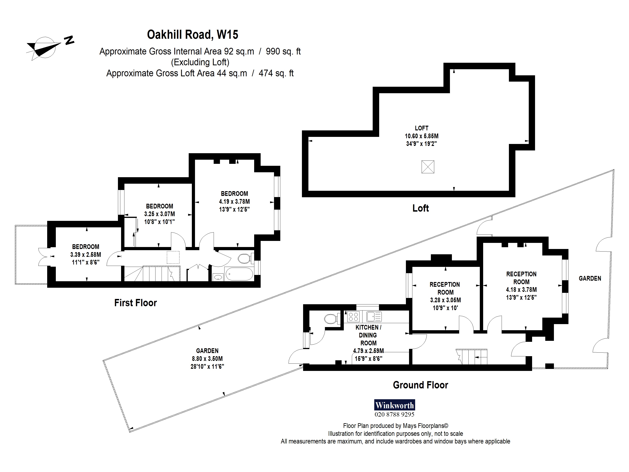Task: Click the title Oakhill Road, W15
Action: click(192, 35)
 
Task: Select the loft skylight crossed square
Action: click(428, 167)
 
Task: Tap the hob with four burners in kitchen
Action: click(353, 317)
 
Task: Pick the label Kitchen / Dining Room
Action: click(368, 335)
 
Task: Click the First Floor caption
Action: click(135, 303)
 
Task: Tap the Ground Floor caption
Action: click(420, 385)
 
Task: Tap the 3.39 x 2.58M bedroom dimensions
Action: click(86, 255)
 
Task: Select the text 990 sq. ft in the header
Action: click(283, 52)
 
